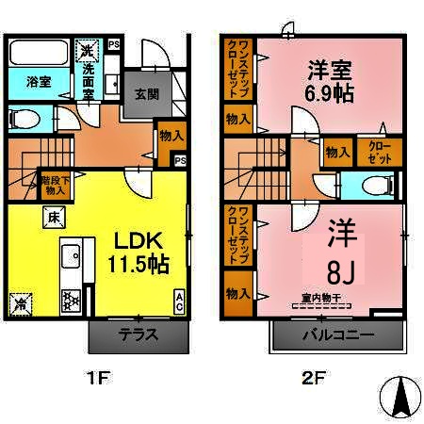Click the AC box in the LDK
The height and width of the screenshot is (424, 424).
[179, 302]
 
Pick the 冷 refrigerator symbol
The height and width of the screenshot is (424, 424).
[21, 303]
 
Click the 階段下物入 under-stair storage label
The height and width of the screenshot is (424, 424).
[54, 184]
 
